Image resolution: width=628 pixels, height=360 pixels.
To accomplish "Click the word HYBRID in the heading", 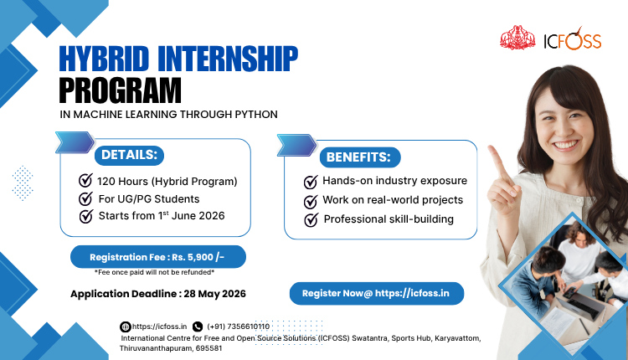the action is click(x=104, y=59).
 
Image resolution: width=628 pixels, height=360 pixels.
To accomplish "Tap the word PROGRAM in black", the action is click(x=120, y=90).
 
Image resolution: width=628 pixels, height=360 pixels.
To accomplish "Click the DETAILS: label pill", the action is click(x=129, y=155).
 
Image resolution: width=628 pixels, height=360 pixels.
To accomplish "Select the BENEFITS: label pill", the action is click(x=360, y=157).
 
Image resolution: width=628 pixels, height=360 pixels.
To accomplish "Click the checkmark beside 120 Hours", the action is click(x=85, y=180).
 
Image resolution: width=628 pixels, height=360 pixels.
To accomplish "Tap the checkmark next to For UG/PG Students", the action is click(x=85, y=198).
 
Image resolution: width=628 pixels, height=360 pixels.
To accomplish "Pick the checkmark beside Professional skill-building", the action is click(x=311, y=220).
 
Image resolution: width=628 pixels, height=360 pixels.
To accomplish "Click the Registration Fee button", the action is click(x=158, y=257).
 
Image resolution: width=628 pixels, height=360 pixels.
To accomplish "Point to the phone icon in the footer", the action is click(x=198, y=327).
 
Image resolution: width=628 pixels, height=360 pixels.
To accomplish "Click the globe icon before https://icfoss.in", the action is click(x=126, y=327).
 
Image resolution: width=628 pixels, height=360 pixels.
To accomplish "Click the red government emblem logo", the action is click(x=517, y=38).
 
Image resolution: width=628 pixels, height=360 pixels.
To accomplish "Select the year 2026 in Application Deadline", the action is click(x=234, y=294).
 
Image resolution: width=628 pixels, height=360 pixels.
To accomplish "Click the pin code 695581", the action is click(x=208, y=348).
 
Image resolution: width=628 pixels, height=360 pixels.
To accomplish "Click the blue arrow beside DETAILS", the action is click(x=75, y=142).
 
